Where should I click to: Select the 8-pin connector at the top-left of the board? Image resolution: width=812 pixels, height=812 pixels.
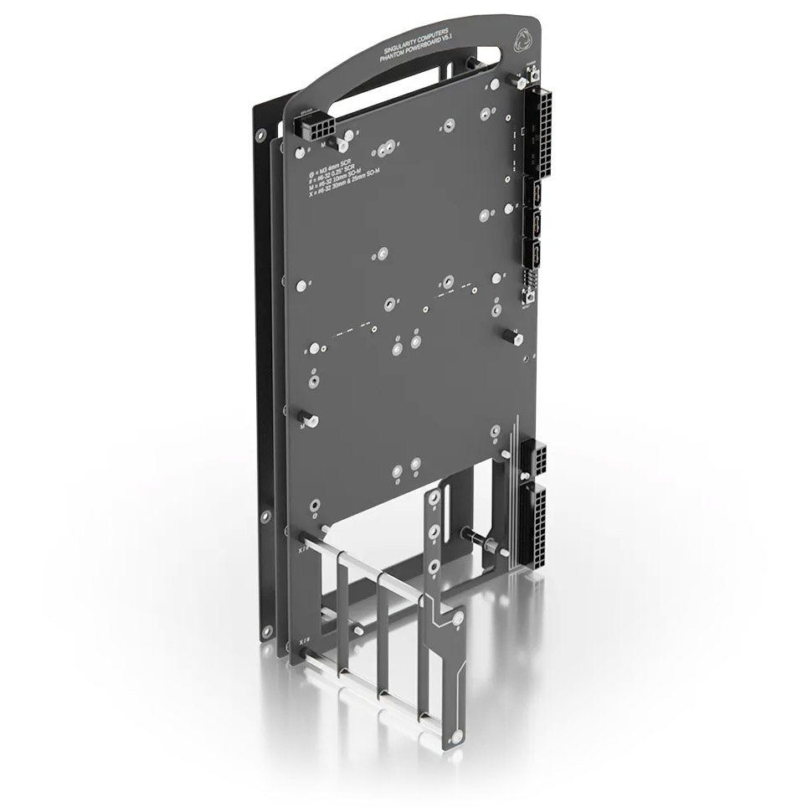[x=314, y=127]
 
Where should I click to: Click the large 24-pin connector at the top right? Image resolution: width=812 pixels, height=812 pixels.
[x=536, y=132]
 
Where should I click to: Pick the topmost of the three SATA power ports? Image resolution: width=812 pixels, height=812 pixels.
[x=532, y=195]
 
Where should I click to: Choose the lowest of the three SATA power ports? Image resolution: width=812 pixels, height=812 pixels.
[x=532, y=255]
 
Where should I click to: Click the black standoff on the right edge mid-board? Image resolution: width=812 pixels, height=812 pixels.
[x=513, y=337]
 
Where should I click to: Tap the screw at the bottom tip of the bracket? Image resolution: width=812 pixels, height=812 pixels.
[x=455, y=737]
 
